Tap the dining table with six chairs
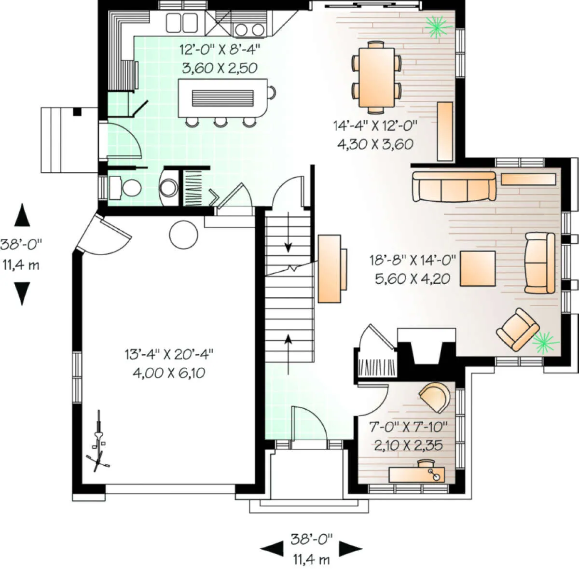point(376,78)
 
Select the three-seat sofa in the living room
point(454,186)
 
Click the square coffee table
point(478,268)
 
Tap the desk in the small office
point(416,474)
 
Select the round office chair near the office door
point(435,397)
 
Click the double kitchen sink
point(182,22)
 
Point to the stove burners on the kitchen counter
point(249,29)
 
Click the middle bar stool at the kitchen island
point(220,122)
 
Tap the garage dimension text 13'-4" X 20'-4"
point(169,354)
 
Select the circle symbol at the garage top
point(183,235)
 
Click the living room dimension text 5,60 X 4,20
point(412,278)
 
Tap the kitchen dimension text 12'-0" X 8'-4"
point(220,49)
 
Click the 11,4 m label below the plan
point(311,559)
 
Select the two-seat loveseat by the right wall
point(539,263)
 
